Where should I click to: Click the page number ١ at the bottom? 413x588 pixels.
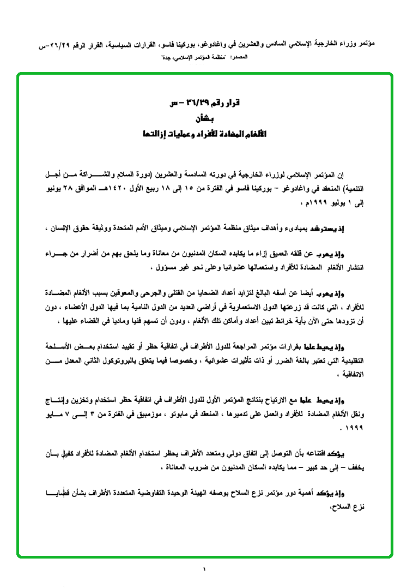(x=205, y=571)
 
